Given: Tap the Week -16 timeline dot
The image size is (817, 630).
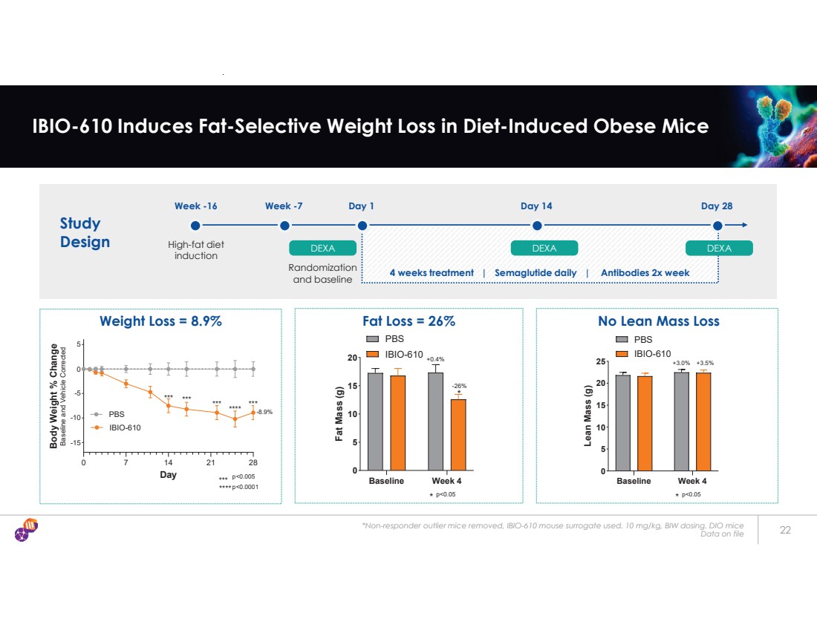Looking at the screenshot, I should (195, 226).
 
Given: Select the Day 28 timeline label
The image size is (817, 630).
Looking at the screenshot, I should (717, 206).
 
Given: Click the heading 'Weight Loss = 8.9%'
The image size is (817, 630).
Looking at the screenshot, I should (161, 321).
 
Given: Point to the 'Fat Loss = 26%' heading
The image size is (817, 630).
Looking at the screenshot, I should (408, 321).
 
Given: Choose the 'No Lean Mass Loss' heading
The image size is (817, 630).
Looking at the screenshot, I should (658, 321).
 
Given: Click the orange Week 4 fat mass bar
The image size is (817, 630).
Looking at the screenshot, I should (458, 434).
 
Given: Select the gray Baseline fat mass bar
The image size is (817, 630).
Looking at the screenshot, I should (376, 421).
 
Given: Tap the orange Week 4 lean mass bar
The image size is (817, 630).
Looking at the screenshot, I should (703, 421).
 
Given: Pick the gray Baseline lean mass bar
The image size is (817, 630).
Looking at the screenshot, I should (622, 422).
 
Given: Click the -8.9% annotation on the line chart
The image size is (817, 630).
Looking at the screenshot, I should (265, 412).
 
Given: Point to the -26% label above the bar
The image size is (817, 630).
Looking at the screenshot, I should (459, 386).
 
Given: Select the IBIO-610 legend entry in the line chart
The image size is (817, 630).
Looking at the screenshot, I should (124, 427).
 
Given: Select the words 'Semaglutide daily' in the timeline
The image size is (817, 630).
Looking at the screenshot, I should (535, 272).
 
